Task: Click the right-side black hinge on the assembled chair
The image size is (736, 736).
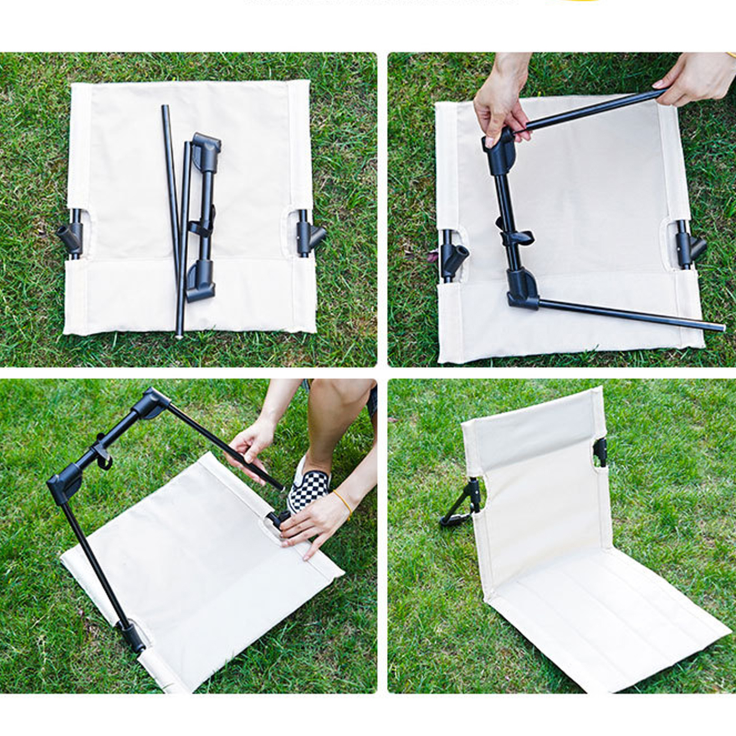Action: pos(600,452)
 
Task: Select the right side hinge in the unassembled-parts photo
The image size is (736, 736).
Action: pos(309,237)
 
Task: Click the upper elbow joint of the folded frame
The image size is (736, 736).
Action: pos(205,150)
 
